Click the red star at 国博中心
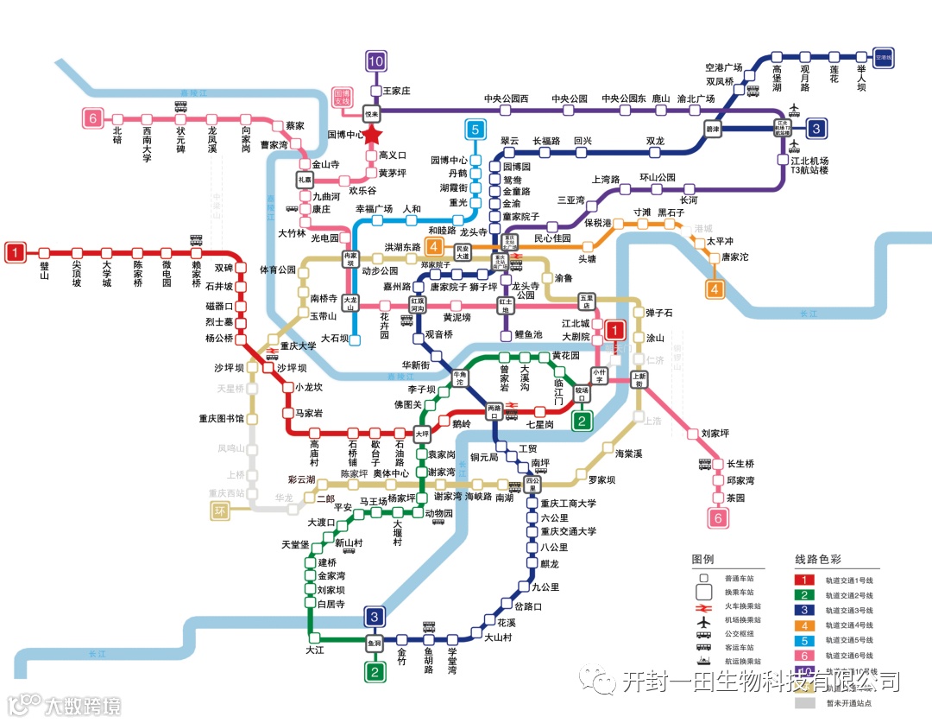coord(371,135)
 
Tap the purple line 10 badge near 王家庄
coord(375,60)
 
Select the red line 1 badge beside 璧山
coord(16,252)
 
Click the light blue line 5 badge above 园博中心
coord(475,130)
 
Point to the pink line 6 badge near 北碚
coord(93,118)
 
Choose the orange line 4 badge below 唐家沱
coord(715,289)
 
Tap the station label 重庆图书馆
coord(221,419)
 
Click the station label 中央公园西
coord(506,98)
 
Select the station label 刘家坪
coord(715,433)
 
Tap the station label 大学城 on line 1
coord(107,273)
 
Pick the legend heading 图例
coord(703,559)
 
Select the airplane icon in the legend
coord(704,620)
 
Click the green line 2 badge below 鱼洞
coord(375,672)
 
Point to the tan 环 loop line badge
coord(222,512)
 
